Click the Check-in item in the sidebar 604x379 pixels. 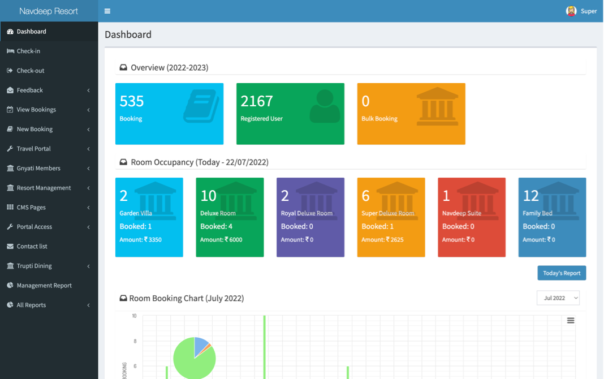click(28, 51)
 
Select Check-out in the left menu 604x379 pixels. click(30, 71)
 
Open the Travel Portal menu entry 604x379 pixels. click(33, 149)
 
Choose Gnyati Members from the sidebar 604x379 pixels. click(38, 168)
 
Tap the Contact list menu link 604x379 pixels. click(32, 246)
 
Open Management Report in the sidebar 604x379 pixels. click(44, 286)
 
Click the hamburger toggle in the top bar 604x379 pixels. click(107, 11)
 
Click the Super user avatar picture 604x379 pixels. click(571, 11)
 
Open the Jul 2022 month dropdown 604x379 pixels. click(558, 298)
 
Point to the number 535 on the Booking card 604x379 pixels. click(132, 101)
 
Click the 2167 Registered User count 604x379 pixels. click(257, 101)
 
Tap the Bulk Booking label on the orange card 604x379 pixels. click(379, 119)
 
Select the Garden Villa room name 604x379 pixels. click(136, 213)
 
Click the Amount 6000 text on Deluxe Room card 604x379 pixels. click(221, 240)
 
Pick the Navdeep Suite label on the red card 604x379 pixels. click(461, 213)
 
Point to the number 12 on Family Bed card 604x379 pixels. click(531, 196)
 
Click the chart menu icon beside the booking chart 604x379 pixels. click(571, 321)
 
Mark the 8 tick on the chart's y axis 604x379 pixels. click(135, 341)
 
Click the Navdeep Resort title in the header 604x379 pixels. click(49, 11)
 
